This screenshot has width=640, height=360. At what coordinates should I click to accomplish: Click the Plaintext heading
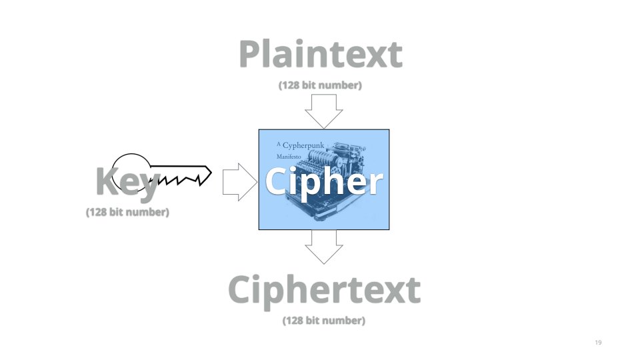point(320,55)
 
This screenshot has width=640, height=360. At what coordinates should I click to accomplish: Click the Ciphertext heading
point(324,291)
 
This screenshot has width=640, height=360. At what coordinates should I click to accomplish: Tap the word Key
point(127,181)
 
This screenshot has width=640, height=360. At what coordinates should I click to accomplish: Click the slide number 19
point(597,343)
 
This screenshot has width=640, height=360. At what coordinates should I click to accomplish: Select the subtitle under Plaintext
point(320,85)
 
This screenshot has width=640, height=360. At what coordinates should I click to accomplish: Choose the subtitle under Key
point(127,213)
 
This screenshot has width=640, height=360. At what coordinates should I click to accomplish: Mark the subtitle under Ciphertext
point(324,321)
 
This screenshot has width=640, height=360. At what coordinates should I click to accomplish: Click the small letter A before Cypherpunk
point(279,144)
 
